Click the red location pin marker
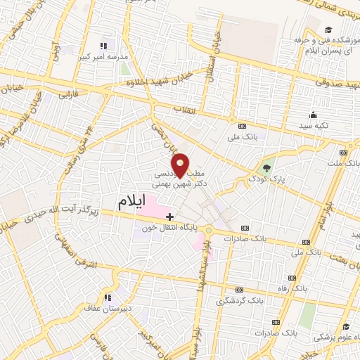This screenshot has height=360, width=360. [x=181, y=165]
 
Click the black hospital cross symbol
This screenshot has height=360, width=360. [x=170, y=215]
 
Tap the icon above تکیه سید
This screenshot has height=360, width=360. [x=313, y=115]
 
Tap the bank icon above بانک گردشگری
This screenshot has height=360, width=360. [x=239, y=290]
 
